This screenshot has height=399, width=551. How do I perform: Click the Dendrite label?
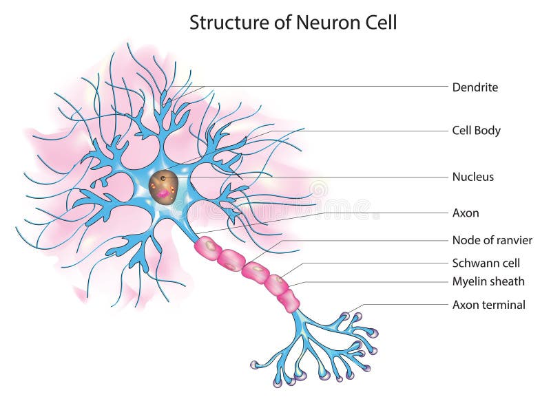(475, 87)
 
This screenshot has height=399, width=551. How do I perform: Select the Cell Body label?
(476, 130)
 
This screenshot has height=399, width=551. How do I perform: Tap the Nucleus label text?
(472, 177)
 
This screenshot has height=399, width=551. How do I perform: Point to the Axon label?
(465, 213)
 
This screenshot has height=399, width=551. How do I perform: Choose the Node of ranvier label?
(492, 240)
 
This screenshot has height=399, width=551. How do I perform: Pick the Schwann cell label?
(486, 263)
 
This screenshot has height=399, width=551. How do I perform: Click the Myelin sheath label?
(488, 281)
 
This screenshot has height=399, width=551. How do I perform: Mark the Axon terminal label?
(488, 305)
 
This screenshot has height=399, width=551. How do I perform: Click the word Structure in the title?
(224, 23)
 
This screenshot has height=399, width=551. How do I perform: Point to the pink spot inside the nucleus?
(163, 195)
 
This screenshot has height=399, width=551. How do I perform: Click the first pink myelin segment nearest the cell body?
(207, 248)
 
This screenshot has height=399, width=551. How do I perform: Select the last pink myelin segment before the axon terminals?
(289, 300)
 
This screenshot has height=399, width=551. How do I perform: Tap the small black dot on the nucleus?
(163, 178)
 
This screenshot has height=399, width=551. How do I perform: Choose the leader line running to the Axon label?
(344, 213)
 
